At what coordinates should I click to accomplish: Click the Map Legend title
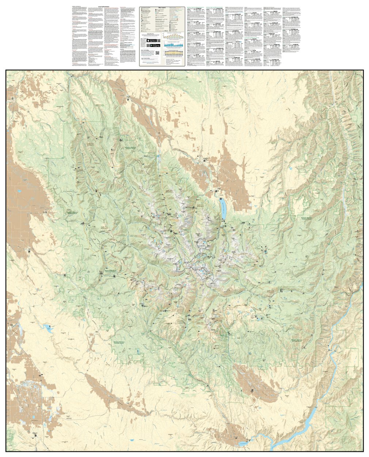coord(162,7)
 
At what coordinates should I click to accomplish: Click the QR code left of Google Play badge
coord(143,45)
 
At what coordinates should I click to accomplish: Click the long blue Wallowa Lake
coord(223,209)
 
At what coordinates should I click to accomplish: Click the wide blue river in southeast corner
coord(292,435)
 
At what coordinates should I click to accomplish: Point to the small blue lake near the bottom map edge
coord(243,444)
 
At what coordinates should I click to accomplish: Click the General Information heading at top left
coord(77,7)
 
